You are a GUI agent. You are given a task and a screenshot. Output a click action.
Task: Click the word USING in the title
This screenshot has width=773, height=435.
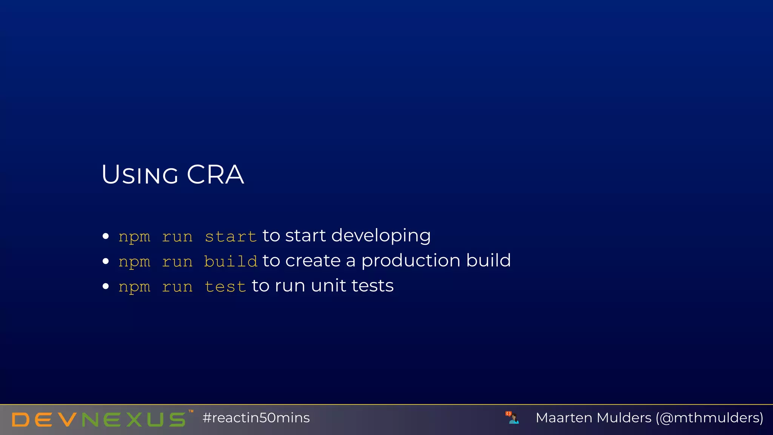coord(140,175)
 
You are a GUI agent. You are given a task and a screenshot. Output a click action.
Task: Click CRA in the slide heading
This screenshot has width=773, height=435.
coord(215,175)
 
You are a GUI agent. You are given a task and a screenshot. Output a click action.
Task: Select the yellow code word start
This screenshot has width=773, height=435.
coord(231,237)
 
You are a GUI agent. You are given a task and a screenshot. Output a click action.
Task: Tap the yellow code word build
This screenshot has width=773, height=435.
coord(231,262)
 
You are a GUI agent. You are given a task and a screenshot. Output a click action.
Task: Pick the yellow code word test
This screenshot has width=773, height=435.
coord(225,287)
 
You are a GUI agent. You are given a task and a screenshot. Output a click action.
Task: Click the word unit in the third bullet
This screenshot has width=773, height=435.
coord(328,286)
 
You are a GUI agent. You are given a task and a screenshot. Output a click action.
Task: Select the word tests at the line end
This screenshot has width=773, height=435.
coord(373,286)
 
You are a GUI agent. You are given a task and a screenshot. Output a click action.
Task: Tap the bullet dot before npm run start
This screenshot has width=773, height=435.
coord(106,236)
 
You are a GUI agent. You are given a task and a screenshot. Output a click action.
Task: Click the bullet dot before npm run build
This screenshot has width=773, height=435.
coord(106,261)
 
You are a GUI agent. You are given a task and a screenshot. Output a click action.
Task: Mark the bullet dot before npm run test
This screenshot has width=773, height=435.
coord(106,286)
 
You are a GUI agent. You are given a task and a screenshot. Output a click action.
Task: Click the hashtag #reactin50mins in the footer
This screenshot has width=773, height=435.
coord(256,418)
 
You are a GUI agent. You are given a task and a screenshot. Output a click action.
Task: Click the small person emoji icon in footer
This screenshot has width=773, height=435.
coord(513,418)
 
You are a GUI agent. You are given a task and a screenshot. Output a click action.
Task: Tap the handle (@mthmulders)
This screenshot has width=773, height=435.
coord(710,418)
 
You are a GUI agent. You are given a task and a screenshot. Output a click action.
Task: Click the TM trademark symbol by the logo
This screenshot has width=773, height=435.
coord(191,411)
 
